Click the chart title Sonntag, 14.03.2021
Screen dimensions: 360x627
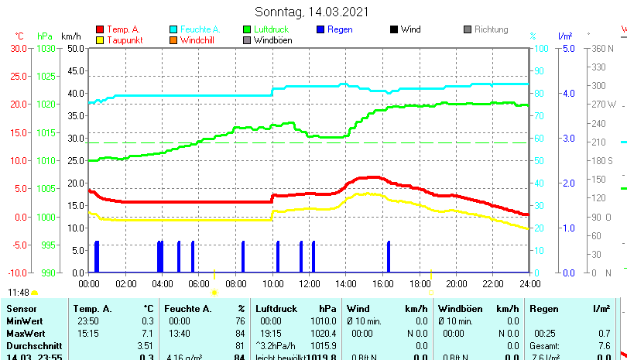click(312, 12)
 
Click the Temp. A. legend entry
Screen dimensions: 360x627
click(122, 29)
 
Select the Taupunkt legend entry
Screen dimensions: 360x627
click(123, 39)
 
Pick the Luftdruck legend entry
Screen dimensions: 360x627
click(269, 29)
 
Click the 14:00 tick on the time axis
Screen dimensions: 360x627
click(346, 283)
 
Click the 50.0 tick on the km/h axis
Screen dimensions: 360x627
click(75, 48)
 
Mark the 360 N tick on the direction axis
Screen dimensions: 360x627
click(603, 48)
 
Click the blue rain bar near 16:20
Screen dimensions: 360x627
click(389, 257)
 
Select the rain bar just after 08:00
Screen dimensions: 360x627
click(243, 257)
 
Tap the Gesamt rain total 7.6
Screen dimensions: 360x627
click(605, 345)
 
